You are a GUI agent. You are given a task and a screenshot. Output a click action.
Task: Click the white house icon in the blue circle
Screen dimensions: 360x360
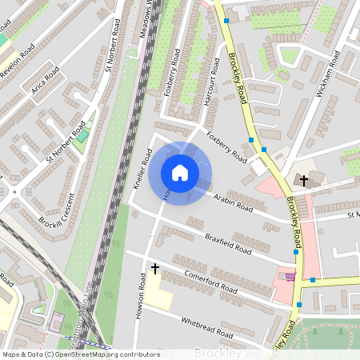coord(180,173)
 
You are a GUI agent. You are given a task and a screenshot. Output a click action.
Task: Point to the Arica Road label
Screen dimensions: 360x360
coord(46,81)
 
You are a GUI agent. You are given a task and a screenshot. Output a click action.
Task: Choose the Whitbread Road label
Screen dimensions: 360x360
coord(206,322)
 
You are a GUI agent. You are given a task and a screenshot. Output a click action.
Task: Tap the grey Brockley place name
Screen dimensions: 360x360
coord(217,353)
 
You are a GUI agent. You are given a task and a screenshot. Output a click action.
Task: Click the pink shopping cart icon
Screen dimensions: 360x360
coord(290,277)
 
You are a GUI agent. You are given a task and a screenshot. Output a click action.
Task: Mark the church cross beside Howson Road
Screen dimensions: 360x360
coord(154,269)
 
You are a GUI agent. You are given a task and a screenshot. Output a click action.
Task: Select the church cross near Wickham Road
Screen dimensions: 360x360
coord(304,180)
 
